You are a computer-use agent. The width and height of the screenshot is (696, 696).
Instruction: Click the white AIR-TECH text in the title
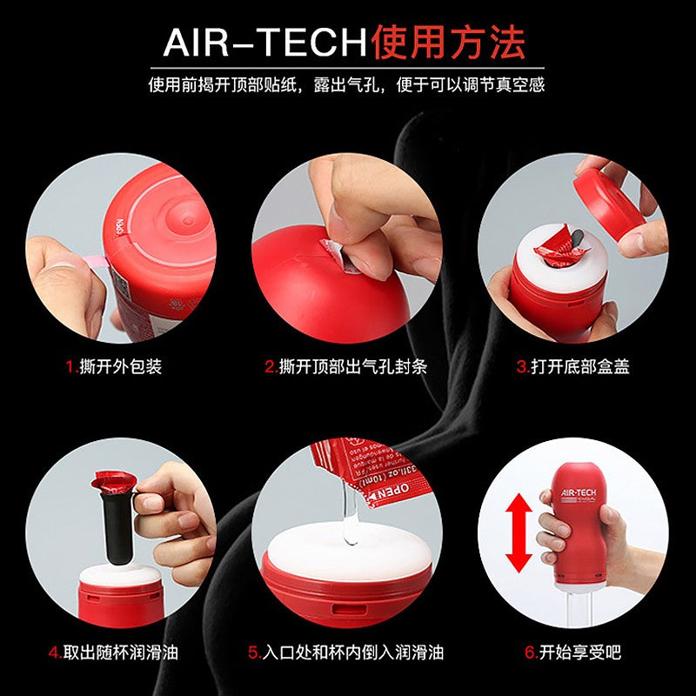pos(265,43)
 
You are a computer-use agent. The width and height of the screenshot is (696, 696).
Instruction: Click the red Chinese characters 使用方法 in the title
pos(448,42)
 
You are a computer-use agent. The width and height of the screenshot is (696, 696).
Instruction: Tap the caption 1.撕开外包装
pos(114,366)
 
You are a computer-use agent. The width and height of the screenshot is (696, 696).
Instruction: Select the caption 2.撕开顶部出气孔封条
pos(345,366)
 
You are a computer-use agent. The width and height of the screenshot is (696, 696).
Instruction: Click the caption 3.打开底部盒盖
pos(573,366)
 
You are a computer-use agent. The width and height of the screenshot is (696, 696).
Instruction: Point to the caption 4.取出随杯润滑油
pos(114,652)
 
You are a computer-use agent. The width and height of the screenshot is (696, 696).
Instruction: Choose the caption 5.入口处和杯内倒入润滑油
pos(345,652)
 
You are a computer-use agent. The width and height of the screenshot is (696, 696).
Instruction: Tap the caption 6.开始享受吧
pos(573,652)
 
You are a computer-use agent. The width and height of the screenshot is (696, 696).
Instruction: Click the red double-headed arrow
pos(519,532)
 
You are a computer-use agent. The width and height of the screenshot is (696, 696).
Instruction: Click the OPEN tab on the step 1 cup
pos(119,227)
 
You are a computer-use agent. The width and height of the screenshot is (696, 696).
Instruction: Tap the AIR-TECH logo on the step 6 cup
pos(579,492)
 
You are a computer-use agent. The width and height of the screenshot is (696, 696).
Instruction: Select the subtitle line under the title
pos(346,84)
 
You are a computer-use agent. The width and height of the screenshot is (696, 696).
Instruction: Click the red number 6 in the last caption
pos(530,652)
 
